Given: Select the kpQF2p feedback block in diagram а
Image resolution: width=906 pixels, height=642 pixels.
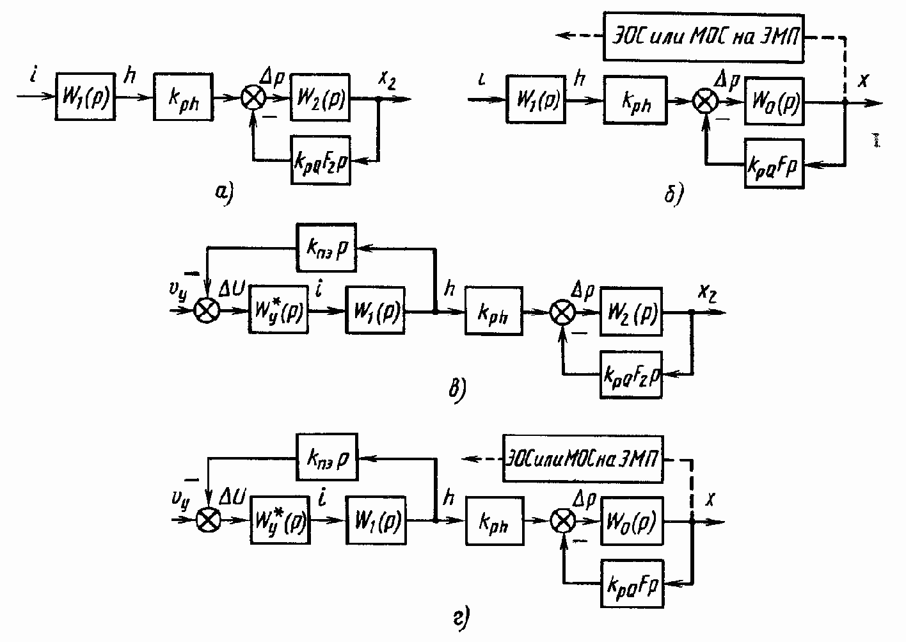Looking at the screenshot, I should [320, 160].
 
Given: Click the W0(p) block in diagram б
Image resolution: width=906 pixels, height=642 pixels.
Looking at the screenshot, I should [774, 102].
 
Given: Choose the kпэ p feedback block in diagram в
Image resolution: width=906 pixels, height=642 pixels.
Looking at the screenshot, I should [326, 247].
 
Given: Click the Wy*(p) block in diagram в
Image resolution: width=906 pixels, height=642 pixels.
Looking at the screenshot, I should [278, 311].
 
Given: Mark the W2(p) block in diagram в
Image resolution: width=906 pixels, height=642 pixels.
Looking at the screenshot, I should [630, 311].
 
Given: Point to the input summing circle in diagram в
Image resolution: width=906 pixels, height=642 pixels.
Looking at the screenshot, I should [206, 311].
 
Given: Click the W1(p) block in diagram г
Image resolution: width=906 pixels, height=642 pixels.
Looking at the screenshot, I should [375, 520].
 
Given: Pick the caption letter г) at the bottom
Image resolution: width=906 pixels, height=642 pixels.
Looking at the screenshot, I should [462, 618].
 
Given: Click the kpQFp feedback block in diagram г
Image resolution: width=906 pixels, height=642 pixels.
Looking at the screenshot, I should [631, 582].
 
